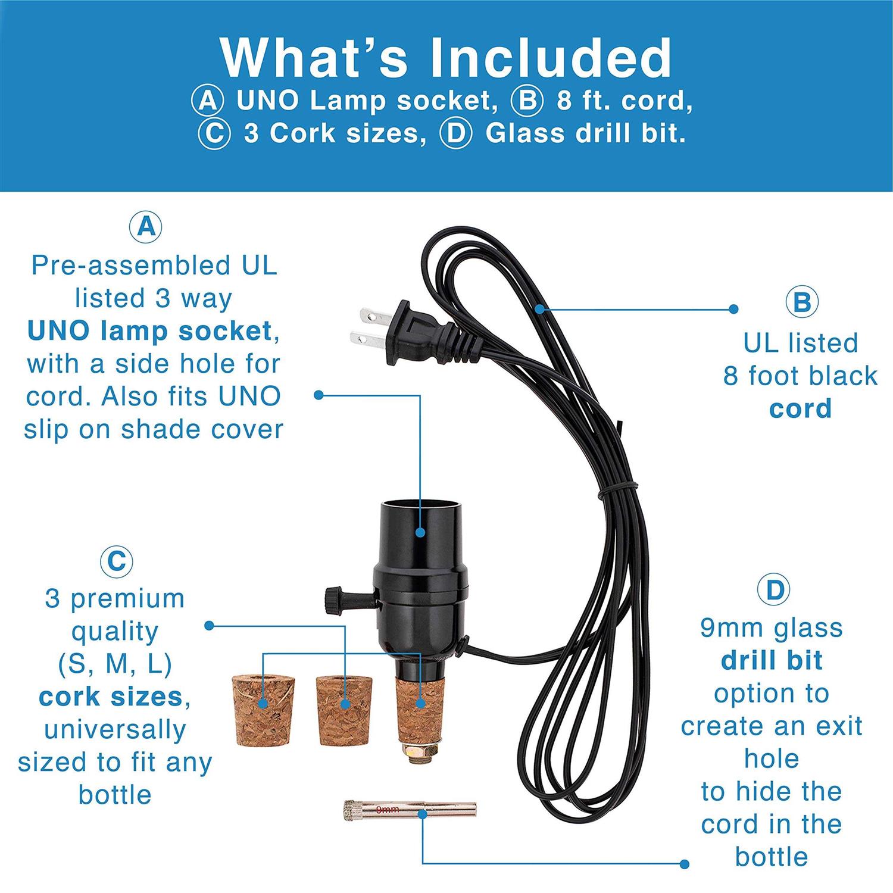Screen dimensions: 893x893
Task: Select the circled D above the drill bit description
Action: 773,590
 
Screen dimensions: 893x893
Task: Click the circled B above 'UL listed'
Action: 801,303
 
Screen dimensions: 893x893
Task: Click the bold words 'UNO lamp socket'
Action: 149,331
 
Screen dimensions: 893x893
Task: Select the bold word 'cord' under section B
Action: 800,409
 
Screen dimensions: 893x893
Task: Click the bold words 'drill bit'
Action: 772,661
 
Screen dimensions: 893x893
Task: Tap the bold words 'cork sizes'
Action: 111,697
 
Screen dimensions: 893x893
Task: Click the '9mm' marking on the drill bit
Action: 388,810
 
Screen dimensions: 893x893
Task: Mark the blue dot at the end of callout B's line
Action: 733,309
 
